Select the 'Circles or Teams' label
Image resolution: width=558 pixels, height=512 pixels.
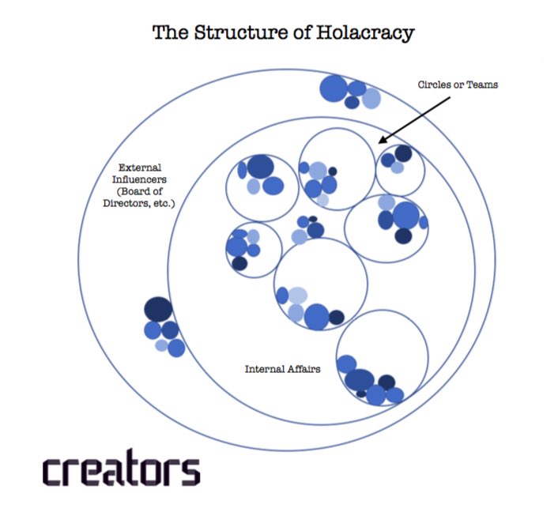tap(458, 85)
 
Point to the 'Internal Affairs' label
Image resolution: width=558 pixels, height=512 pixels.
tap(282, 369)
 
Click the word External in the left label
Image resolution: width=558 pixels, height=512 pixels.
tap(139, 168)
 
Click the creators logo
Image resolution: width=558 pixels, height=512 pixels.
tap(121, 469)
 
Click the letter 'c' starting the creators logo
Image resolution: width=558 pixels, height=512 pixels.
tap(53, 471)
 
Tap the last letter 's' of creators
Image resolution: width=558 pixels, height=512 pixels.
tap(190, 471)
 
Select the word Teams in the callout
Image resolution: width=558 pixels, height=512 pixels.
tap(483, 85)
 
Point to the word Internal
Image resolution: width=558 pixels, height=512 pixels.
tap(262, 369)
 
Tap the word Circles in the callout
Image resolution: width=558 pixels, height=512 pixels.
tap(433, 85)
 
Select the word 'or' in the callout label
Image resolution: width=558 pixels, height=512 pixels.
tap(460, 85)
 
